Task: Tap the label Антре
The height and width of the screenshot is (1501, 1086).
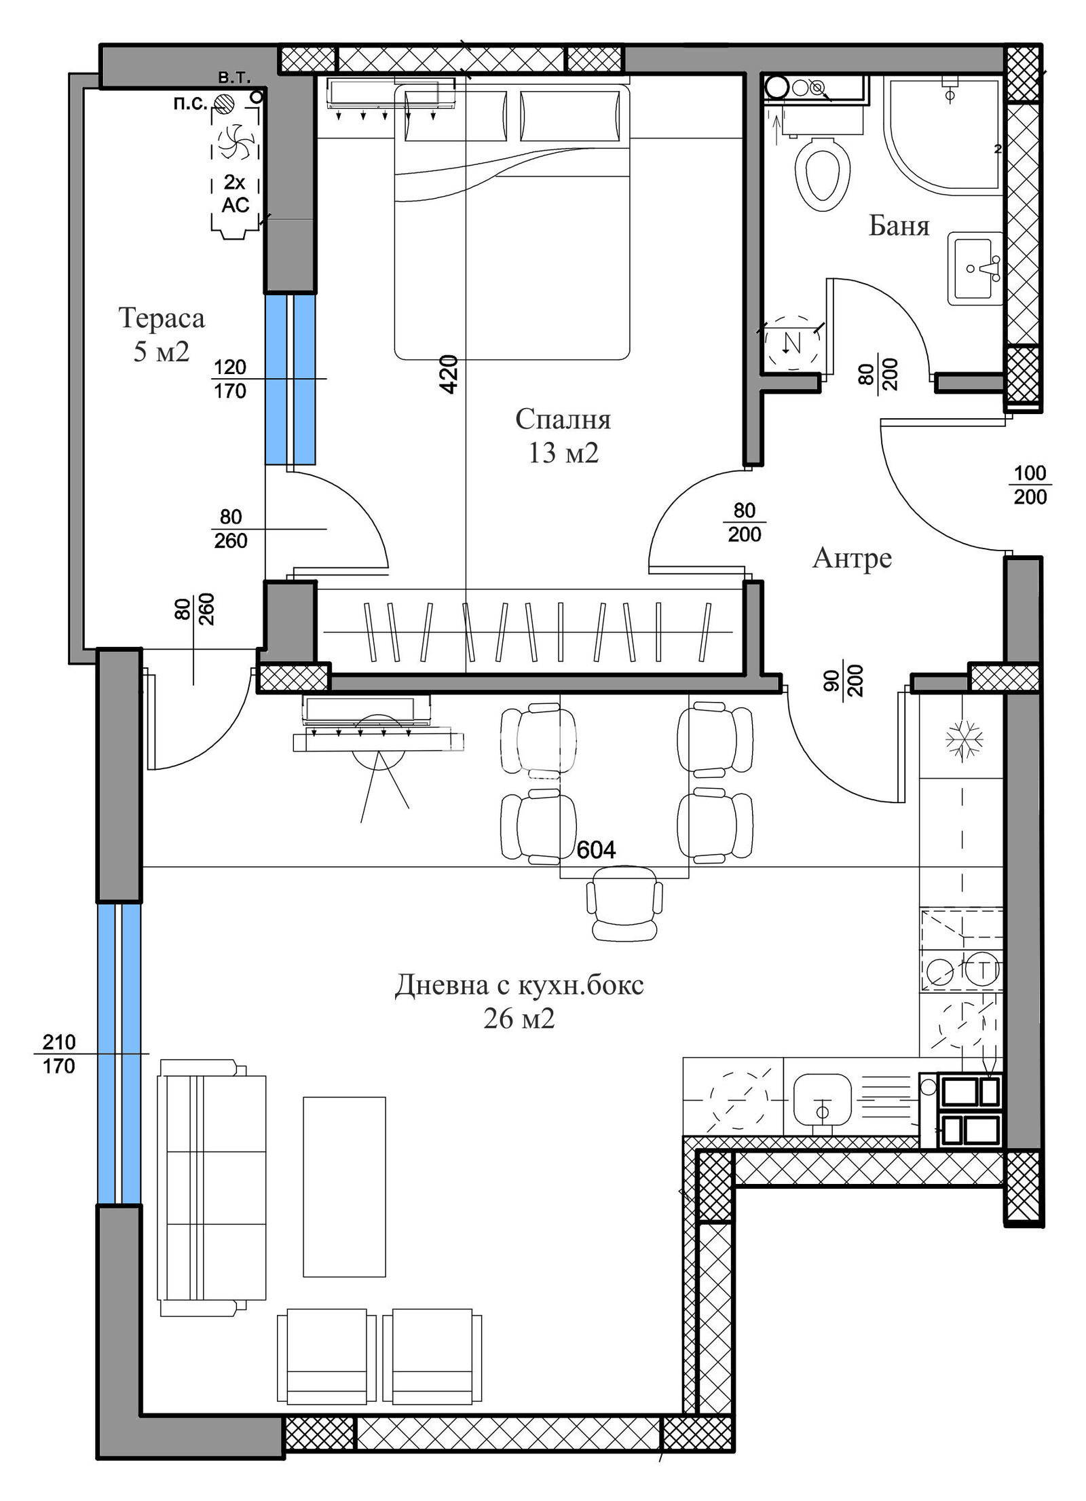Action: click(851, 558)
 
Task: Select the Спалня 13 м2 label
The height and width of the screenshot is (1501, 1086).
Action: click(563, 435)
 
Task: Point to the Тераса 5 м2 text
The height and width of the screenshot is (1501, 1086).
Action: click(161, 334)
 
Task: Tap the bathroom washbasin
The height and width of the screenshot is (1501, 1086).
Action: click(975, 269)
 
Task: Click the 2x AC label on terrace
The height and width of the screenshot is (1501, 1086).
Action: click(236, 193)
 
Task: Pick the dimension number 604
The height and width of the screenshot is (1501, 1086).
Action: click(595, 850)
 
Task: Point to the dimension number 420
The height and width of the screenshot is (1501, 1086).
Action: click(449, 374)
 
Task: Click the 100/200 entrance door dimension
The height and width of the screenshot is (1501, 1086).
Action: click(1030, 485)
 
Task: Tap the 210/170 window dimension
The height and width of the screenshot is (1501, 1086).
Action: click(59, 1054)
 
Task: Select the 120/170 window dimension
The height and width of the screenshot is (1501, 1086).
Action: click(229, 379)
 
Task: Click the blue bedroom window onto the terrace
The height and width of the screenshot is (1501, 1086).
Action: click(290, 379)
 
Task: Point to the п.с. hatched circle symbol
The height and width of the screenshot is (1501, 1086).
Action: click(224, 103)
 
